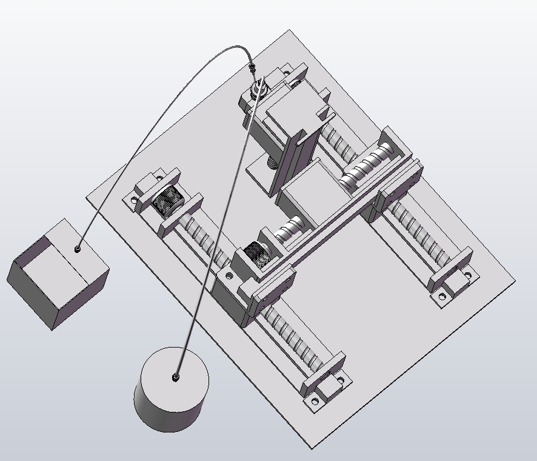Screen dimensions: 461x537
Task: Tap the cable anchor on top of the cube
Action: tap(78, 249)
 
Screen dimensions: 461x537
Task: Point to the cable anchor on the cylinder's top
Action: tap(176, 378)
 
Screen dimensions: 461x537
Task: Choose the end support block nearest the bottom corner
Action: tap(324, 382)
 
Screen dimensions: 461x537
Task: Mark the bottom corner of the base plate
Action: tap(313, 448)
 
